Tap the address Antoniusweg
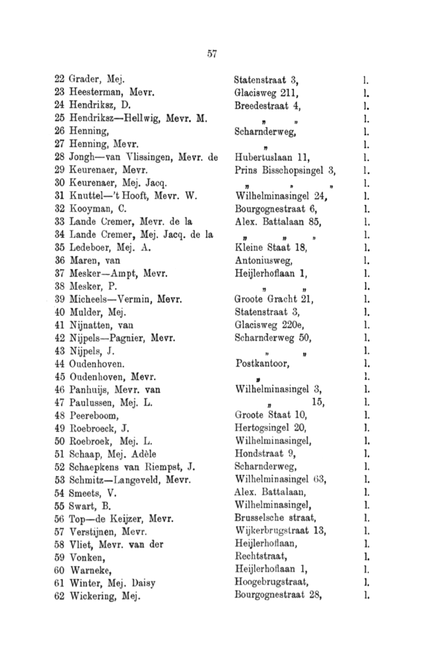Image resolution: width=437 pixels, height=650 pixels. point(264,261)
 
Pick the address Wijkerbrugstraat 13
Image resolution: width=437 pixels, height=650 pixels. point(281,532)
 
